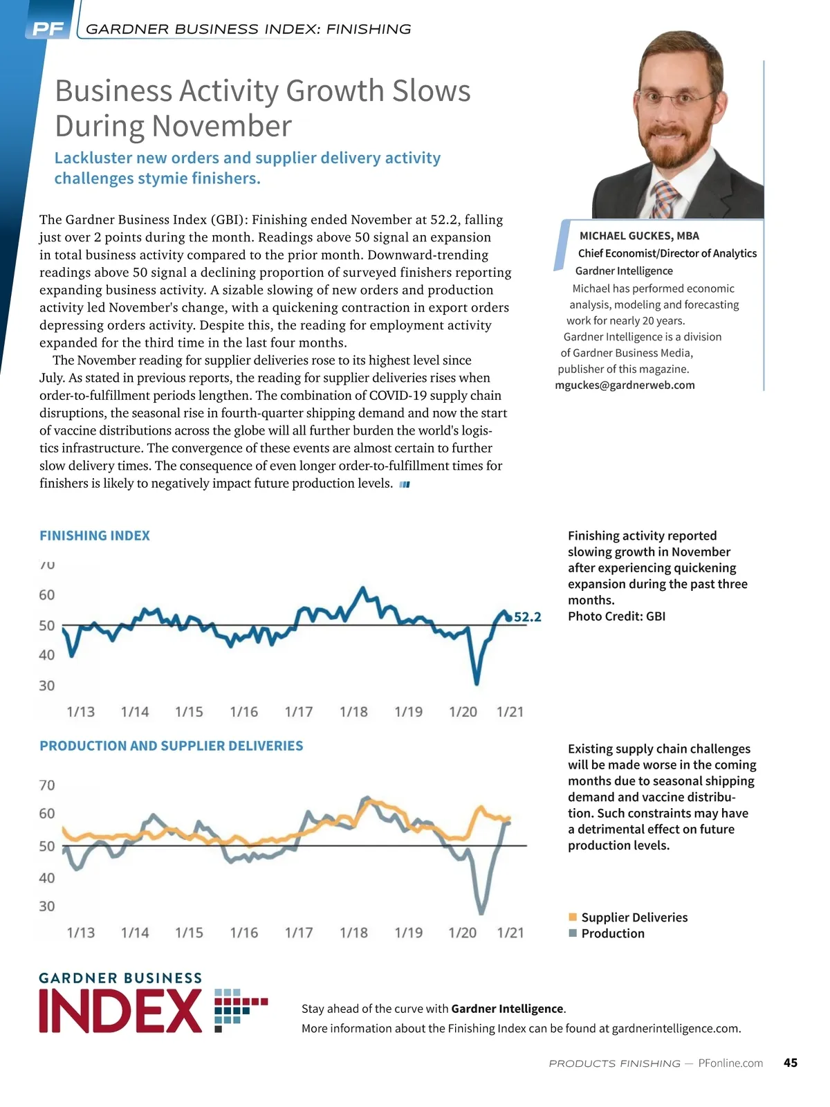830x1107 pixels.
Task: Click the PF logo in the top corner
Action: click(x=48, y=29)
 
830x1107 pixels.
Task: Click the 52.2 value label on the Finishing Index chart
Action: click(x=528, y=617)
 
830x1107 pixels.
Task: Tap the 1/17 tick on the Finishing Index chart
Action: click(x=299, y=712)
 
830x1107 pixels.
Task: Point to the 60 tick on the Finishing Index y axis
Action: click(x=46, y=595)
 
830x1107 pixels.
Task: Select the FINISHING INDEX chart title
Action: click(x=95, y=536)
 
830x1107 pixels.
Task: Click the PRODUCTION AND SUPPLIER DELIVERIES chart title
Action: click(x=172, y=746)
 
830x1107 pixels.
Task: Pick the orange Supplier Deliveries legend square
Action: click(x=573, y=917)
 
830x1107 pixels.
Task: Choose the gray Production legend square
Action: click(x=573, y=933)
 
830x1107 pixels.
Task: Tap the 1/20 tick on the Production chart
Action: click(x=463, y=933)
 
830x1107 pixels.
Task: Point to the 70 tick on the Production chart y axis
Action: click(x=46, y=785)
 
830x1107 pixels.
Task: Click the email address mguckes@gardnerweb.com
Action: click(x=625, y=385)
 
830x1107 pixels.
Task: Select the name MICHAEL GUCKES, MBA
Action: click(x=639, y=236)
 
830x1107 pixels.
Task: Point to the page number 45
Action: click(x=791, y=1063)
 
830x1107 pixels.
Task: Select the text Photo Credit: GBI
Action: click(x=616, y=616)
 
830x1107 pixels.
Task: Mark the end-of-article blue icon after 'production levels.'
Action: click(x=405, y=484)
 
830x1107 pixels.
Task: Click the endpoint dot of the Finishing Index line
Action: click(x=508, y=618)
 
